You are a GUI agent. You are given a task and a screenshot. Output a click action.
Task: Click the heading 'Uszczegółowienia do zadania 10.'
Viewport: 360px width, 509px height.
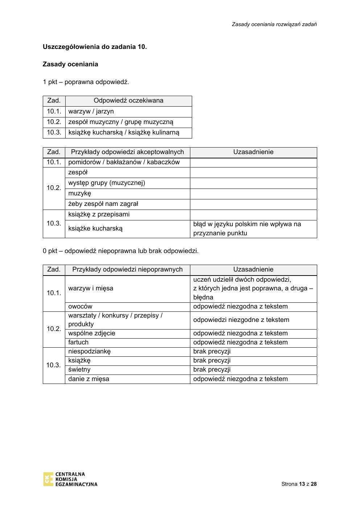pyautogui.click(x=95, y=47)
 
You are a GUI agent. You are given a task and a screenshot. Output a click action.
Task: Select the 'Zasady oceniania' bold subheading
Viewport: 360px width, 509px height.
pyautogui.click(x=70, y=64)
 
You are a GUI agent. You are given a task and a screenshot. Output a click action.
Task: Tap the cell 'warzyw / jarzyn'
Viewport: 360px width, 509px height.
pyautogui.click(x=91, y=111)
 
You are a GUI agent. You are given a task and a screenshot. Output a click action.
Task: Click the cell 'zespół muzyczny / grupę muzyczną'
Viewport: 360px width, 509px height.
pyautogui.click(x=121, y=122)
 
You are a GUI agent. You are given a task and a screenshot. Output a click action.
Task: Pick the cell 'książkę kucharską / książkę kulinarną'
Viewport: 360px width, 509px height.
pyautogui.click(x=124, y=132)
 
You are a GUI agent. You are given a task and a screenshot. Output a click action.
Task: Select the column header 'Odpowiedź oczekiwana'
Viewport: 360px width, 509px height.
pyautogui.click(x=128, y=100)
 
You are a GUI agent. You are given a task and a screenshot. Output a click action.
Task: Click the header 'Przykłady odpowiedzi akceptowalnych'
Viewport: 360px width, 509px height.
pyautogui.click(x=127, y=152)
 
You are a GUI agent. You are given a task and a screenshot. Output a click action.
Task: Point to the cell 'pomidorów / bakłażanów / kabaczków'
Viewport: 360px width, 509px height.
pyautogui.click(x=124, y=162)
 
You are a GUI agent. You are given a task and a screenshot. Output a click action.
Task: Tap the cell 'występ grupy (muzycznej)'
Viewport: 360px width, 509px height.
pyautogui.click(x=107, y=183)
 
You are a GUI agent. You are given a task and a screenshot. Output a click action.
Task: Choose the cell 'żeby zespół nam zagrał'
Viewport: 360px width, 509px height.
pyautogui.click(x=103, y=204)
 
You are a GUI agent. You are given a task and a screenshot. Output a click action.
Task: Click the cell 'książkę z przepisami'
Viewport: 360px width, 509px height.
pyautogui.click(x=99, y=214)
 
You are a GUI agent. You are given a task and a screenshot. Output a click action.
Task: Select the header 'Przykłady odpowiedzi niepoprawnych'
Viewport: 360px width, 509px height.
pyautogui.click(x=127, y=269)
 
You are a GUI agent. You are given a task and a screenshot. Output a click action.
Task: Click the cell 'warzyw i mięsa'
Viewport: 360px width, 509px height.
pyautogui.click(x=91, y=288)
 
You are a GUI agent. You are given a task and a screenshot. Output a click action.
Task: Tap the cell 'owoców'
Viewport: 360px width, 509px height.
pyautogui.click(x=80, y=306)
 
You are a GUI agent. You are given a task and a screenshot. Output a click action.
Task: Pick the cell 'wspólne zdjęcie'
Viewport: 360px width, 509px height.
pyautogui.click(x=92, y=333)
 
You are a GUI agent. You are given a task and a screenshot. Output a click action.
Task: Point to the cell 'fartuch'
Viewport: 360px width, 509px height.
pyautogui.click(x=78, y=342)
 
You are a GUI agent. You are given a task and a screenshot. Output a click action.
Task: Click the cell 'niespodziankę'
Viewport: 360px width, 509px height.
pyautogui.click(x=89, y=351)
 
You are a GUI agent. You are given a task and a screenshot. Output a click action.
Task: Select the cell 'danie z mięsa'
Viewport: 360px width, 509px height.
pyautogui.click(x=88, y=379)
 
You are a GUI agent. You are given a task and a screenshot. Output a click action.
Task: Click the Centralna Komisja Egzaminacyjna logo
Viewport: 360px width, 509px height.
pyautogui.click(x=70, y=479)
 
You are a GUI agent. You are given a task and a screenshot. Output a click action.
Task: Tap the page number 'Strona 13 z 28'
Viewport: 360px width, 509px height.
pyautogui.click(x=299, y=484)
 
